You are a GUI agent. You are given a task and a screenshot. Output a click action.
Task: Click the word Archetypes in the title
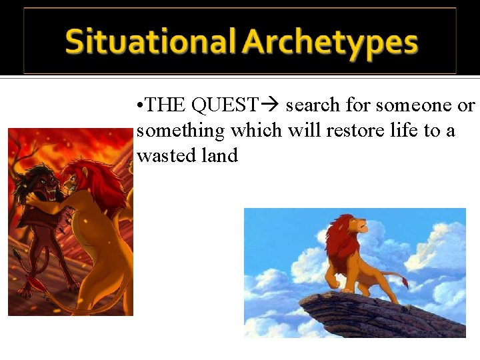tap(330, 42)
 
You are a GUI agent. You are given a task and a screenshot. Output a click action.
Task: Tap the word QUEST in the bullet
tap(224, 105)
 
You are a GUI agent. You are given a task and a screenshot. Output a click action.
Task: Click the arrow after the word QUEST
tap(271, 105)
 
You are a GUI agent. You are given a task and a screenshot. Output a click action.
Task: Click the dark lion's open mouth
tap(49, 189)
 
